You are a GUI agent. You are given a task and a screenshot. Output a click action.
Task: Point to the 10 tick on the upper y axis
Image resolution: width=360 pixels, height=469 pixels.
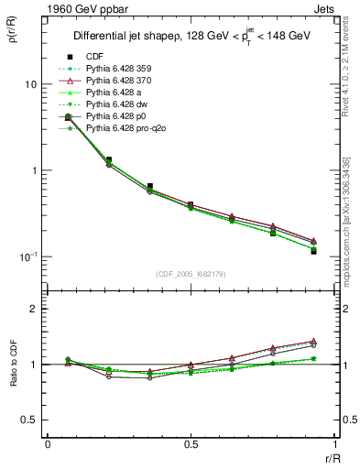(29, 84)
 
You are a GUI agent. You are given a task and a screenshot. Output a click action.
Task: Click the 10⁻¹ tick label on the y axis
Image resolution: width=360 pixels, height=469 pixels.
(27, 256)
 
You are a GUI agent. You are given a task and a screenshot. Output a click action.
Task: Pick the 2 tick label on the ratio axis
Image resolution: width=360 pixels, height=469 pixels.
(34, 309)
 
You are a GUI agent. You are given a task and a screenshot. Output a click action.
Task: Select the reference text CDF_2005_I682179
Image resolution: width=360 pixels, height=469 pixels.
(191, 274)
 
